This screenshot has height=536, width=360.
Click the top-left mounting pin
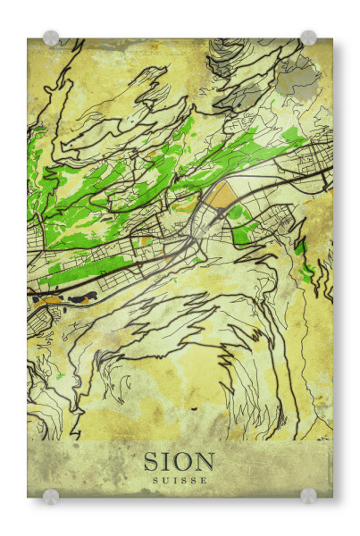[x=51, y=38]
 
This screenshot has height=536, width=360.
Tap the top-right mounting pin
[x=308, y=38]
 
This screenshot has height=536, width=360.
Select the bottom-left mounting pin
[x=51, y=496]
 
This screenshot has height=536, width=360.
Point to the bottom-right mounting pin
[x=308, y=495]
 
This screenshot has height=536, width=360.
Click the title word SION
[x=180, y=462]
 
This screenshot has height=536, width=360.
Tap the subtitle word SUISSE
[x=180, y=481]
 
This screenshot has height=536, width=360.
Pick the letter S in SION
[x=152, y=462]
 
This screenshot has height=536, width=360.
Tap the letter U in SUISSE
[x=164, y=481]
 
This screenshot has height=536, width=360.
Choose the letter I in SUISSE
[x=173, y=481]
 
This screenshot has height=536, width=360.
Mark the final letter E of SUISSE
[x=204, y=481]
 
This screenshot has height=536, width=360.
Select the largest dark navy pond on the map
[x=85, y=295]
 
